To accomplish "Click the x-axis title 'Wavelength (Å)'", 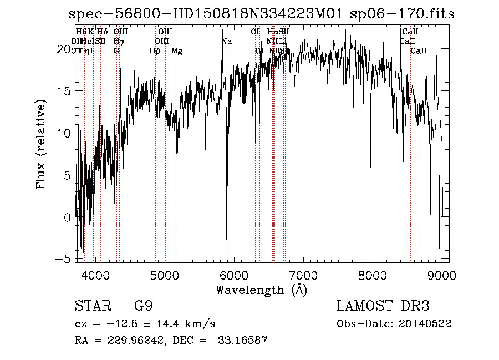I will click(x=261, y=290).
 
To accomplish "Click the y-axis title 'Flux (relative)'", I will click(x=41, y=145).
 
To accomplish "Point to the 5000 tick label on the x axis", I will click(x=164, y=275).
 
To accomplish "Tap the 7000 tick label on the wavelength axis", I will click(x=303, y=275).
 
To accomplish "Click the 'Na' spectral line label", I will click(x=227, y=42).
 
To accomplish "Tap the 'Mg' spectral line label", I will click(x=177, y=51).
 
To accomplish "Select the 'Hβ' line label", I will click(x=155, y=51).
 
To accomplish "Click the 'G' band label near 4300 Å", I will click(x=116, y=51).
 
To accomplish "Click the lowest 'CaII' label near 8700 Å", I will click(x=419, y=51).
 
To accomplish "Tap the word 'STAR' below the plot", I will click(x=90, y=306).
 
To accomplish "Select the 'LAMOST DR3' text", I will click(x=383, y=306).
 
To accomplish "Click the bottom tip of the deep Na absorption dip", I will click(x=227, y=241).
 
